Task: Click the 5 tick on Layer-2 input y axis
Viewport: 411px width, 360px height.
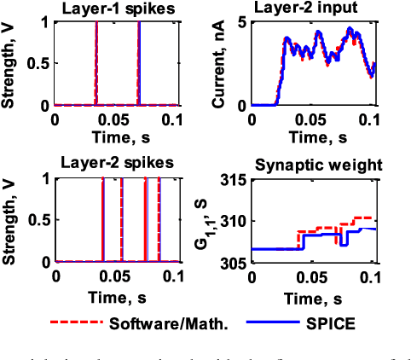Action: coord(243,22)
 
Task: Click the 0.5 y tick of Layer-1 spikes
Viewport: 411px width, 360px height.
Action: coord(41,64)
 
